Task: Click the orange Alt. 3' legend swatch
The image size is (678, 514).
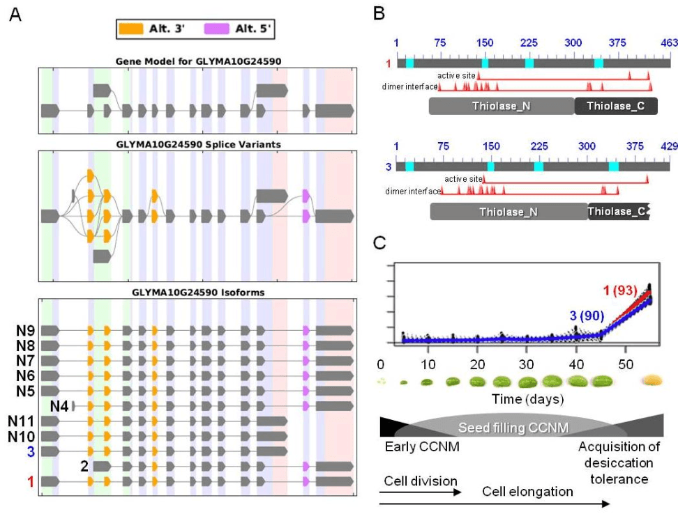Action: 130,29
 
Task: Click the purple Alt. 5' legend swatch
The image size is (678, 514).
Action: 217,29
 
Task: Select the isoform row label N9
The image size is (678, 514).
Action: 25,331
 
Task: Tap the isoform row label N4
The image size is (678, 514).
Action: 59,406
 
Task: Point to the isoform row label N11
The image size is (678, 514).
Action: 21,421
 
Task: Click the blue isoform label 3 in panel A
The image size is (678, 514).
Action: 31,451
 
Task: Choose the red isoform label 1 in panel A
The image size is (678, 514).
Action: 31,482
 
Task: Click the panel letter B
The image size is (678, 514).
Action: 379,14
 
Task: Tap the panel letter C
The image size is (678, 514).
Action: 379,243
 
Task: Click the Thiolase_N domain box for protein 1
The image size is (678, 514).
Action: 502,106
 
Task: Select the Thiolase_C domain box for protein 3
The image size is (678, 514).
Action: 618,212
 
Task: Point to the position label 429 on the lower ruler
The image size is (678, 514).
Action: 670,146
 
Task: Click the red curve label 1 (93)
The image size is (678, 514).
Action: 620,290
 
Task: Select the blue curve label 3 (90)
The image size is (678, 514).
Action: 587,316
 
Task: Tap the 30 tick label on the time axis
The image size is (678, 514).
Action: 526,365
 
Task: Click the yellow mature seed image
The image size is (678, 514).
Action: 652,380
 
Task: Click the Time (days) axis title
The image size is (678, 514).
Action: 527,399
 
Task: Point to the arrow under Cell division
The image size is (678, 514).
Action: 421,492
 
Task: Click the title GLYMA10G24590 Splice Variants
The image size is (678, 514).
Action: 199,145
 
